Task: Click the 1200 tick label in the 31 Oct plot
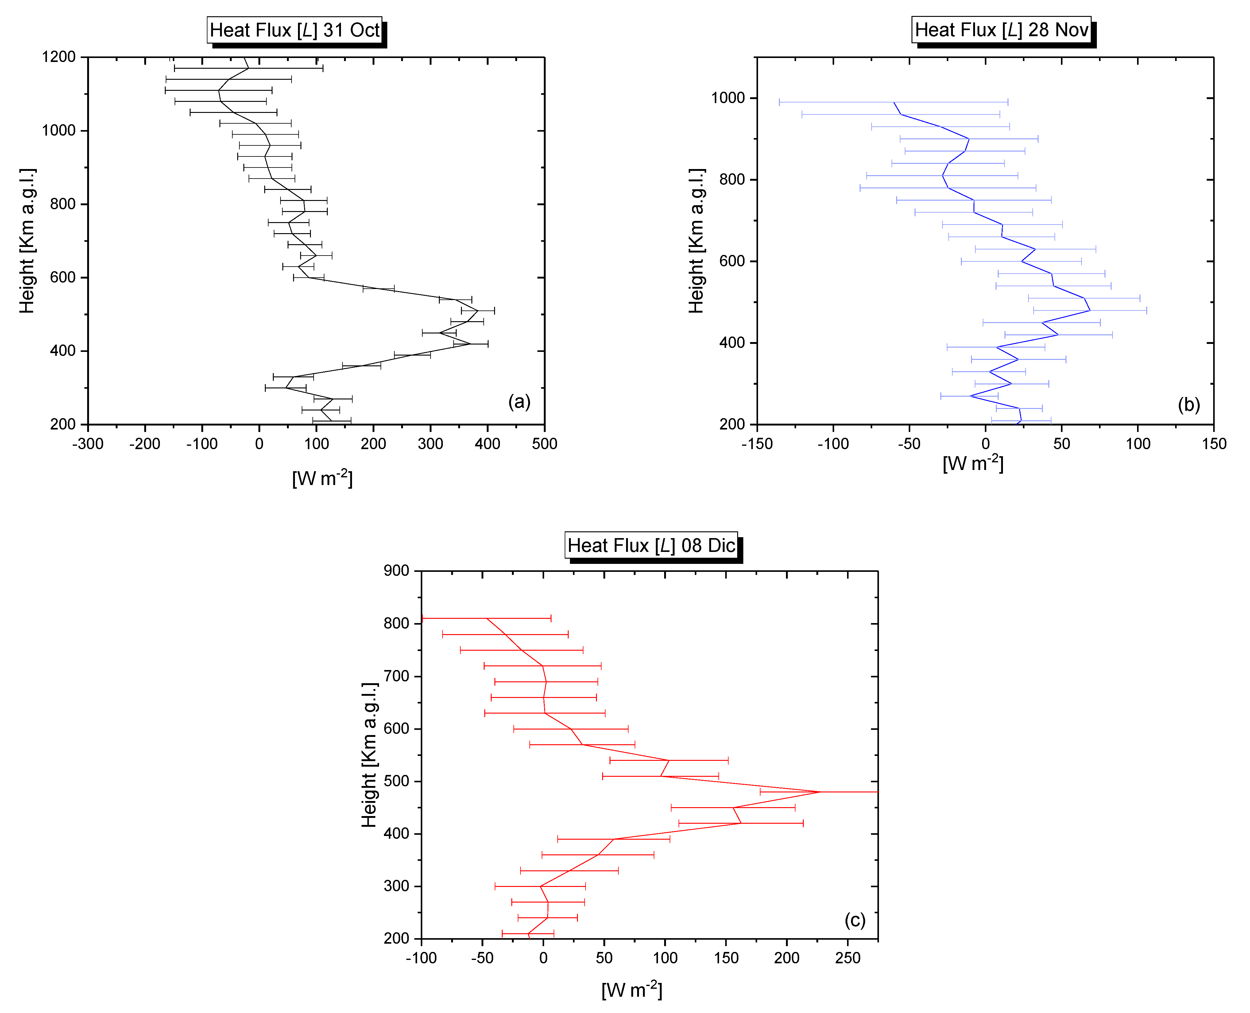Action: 59,57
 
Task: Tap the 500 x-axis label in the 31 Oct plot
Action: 544,444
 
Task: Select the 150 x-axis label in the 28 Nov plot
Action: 1214,444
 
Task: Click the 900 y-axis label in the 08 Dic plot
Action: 397,571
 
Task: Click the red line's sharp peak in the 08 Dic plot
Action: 820,792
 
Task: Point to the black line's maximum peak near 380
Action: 478,310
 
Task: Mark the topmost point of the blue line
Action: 894,103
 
